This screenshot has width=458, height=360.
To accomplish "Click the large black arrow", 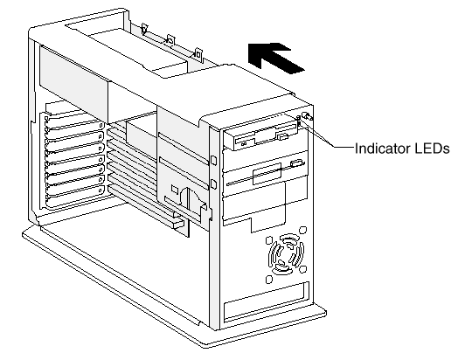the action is (x=274, y=57).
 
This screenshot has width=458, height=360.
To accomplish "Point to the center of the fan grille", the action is (x=287, y=254).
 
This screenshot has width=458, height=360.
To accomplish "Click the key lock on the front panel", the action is (x=307, y=116).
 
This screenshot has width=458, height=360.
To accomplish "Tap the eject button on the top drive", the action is (x=282, y=137).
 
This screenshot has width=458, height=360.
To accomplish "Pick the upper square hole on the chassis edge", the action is (x=213, y=160).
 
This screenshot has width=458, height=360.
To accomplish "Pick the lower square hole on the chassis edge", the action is (x=213, y=183).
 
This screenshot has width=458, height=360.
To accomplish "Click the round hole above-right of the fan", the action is (x=303, y=230).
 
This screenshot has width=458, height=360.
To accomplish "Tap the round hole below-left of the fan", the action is (x=269, y=280).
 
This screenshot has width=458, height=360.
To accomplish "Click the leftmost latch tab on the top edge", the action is (x=144, y=29).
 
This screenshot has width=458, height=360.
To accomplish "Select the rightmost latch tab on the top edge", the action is (x=198, y=54).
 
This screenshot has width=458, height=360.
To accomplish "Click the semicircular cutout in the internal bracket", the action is (x=190, y=197).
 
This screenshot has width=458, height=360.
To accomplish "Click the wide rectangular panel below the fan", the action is (x=266, y=302).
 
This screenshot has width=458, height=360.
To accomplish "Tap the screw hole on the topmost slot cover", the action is (x=101, y=126).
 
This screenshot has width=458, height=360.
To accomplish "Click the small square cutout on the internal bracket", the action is (x=175, y=189).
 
